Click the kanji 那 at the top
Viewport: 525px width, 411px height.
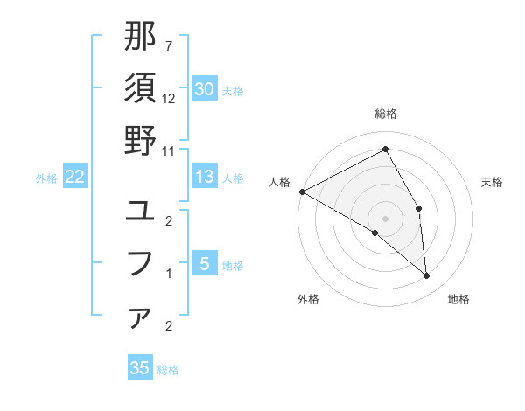coord(140,37)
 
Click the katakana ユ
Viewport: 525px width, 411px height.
coord(140,211)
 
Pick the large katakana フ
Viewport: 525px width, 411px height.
coord(140,263)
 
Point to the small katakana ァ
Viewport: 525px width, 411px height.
coord(140,317)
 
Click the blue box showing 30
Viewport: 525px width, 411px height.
coord(204,89)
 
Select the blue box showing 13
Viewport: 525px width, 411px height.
coord(204,177)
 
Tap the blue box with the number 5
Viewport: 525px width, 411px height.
coord(204,263)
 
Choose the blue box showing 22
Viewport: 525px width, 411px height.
coord(75,177)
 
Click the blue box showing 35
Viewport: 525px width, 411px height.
coord(140,368)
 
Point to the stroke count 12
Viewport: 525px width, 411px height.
coord(169,98)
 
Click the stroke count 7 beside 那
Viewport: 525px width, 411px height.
coord(169,45)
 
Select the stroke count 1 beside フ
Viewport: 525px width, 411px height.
coord(169,273)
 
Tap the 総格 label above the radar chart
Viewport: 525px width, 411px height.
coord(385,114)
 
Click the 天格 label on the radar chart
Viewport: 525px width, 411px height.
coord(492,182)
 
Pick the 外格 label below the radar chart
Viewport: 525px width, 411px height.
coord(308,299)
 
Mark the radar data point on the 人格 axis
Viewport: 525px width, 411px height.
coord(302,192)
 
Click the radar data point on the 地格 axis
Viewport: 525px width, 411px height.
coord(426,275)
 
